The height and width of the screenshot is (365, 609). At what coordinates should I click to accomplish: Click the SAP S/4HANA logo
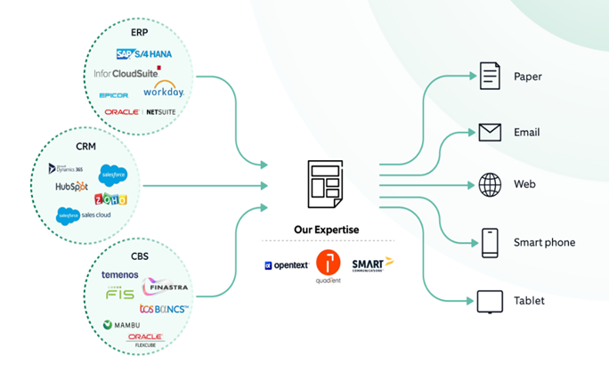pos(143,53)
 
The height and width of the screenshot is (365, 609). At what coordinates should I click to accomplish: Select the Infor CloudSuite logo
pos(127,72)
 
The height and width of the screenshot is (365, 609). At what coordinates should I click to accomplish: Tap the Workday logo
pos(163,90)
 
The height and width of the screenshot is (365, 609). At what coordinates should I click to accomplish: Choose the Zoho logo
pos(110,199)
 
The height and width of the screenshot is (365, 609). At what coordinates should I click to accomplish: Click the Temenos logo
pos(119,274)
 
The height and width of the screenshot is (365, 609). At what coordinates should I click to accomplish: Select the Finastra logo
pos(166,288)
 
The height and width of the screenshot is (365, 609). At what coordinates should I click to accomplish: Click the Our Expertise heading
pos(328,229)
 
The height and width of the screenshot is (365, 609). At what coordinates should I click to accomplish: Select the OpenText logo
pos(286,265)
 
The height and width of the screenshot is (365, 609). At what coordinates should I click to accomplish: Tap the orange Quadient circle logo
pos(329,262)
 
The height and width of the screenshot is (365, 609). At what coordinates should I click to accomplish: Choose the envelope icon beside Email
pos(490,133)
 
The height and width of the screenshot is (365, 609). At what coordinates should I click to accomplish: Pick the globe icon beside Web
pos(490,185)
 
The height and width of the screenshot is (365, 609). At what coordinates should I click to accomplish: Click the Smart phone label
pos(544,242)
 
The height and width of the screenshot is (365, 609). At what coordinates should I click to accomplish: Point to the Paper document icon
pos(490,76)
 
